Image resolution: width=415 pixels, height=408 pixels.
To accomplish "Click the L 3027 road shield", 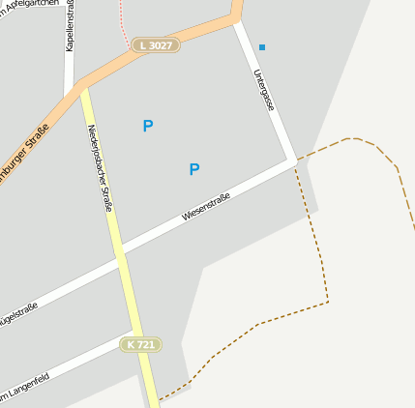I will click(x=157, y=44).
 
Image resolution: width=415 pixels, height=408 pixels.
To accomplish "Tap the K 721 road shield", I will click(x=140, y=344).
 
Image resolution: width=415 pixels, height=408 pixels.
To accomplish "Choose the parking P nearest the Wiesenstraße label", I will click(x=194, y=169).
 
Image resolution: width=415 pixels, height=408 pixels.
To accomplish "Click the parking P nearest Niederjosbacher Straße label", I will click(x=148, y=126).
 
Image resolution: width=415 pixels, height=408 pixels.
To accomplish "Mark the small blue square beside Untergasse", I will click(x=262, y=46).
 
